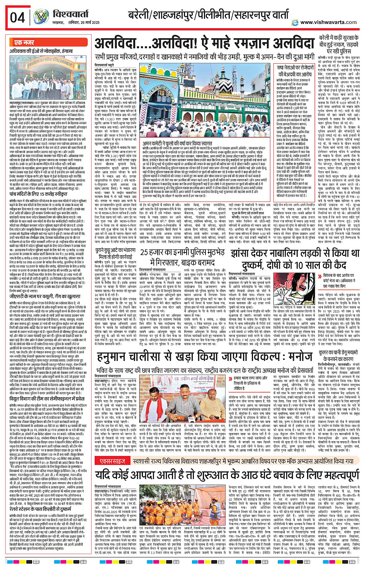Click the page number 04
tap(17, 18)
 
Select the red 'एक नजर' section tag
tap(24, 43)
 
